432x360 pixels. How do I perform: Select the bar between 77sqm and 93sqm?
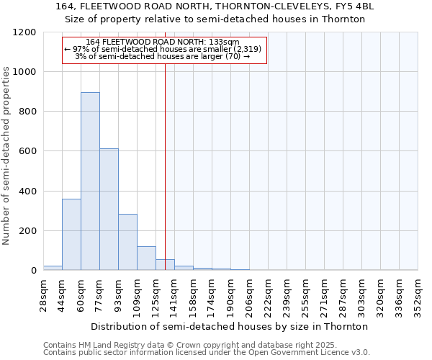click(109, 210)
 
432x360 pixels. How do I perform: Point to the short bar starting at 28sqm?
click(53, 268)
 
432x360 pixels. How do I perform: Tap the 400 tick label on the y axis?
click(27, 192)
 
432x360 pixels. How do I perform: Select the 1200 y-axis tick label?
click(24, 32)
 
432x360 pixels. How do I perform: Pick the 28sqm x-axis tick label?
click(44, 295)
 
